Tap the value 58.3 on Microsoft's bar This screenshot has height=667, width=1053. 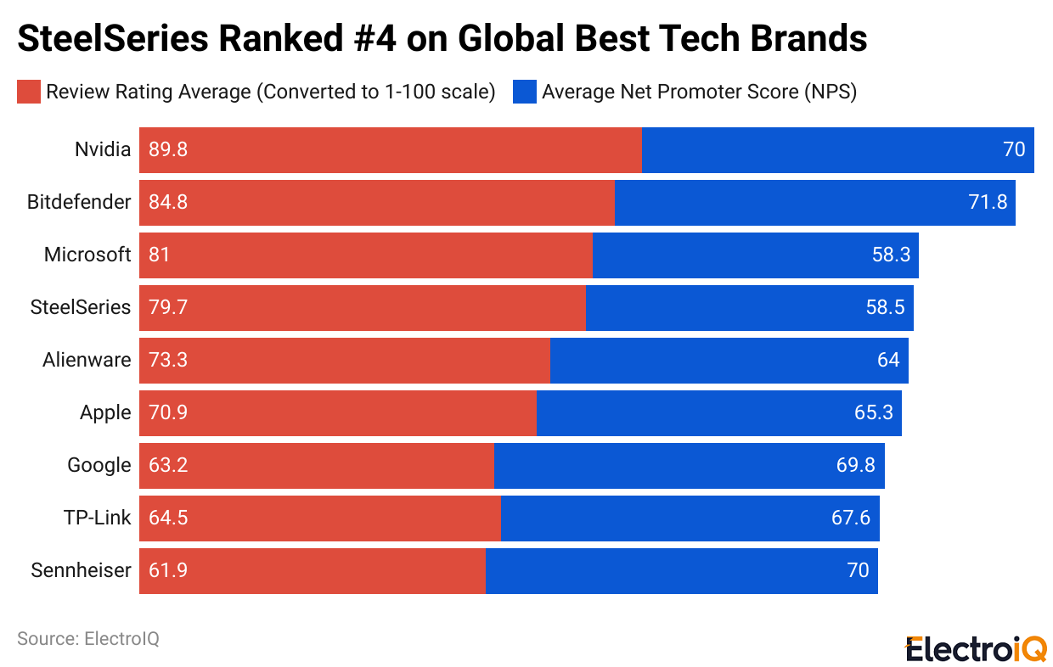tap(891, 255)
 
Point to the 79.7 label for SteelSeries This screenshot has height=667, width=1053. tap(167, 308)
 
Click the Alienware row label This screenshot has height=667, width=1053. tap(87, 361)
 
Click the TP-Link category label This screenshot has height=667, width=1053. tap(97, 518)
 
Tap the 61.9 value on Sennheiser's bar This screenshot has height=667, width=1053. tap(167, 571)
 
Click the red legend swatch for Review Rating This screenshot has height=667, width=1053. tap(28, 92)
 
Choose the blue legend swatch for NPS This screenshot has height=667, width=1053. tap(524, 92)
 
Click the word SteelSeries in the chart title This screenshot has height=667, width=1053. tap(115, 38)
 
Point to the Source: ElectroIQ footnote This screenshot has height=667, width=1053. tap(87, 639)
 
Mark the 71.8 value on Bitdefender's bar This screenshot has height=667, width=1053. tap(988, 203)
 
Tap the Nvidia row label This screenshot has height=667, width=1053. tap(103, 150)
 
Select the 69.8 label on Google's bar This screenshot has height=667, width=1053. tap(857, 466)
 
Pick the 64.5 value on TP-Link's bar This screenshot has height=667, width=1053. tap(167, 518)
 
